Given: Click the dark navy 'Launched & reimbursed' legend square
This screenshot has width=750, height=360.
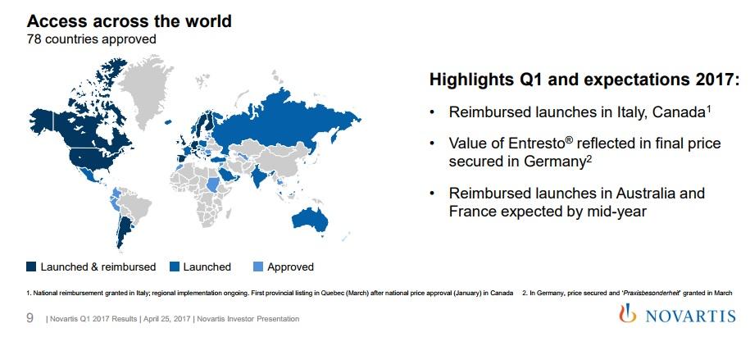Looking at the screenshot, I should coord(32,267).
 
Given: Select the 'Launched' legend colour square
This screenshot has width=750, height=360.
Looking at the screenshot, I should coord(175,267).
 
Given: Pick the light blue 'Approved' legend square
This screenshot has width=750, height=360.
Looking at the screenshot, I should coord(258,267).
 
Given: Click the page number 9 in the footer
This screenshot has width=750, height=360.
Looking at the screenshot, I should coord(30,318).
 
